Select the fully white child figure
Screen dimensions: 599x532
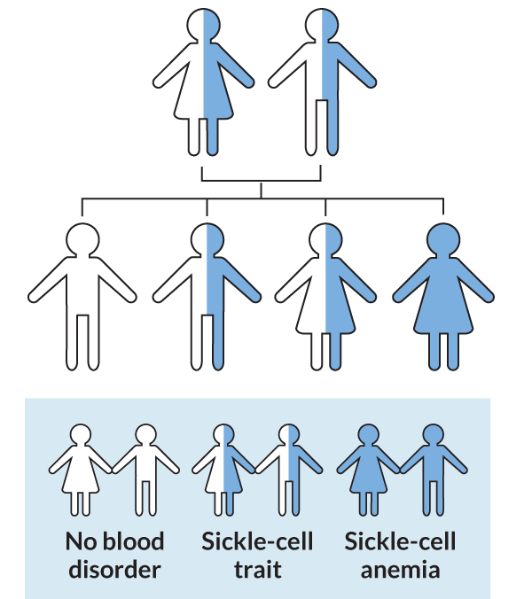click(x=82, y=292)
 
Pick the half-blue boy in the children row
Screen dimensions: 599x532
click(x=207, y=292)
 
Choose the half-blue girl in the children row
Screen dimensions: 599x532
click(x=325, y=292)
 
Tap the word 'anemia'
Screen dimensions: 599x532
click(x=399, y=568)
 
